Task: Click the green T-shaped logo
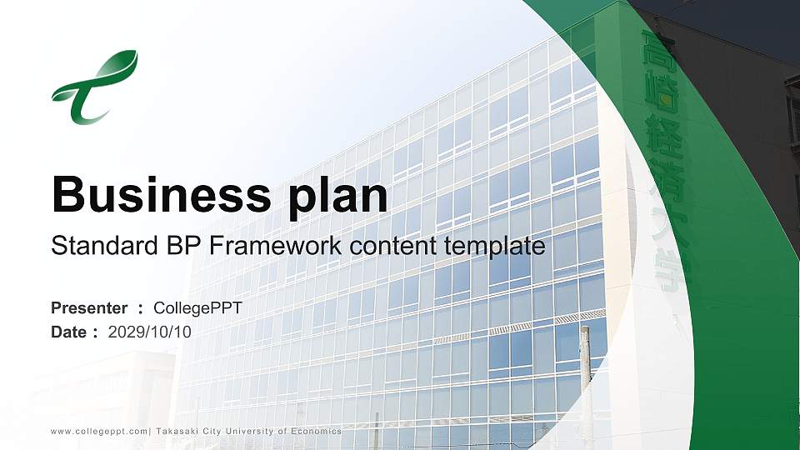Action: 93,88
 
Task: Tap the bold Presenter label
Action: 89,308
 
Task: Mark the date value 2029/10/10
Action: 150,332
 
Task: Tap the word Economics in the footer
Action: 315,431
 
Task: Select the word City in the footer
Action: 212,431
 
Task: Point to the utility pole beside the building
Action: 585,383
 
